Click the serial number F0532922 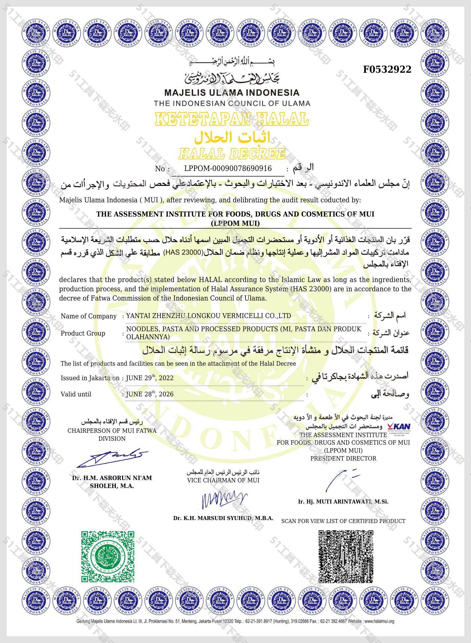tap(387, 69)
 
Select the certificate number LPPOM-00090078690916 tap(228, 169)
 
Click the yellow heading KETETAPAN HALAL tap(232, 119)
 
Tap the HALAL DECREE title tap(232, 154)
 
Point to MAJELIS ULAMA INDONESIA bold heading tap(232, 93)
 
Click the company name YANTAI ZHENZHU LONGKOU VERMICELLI tap(208, 316)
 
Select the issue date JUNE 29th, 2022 tap(150, 378)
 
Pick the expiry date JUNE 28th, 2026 tap(150, 394)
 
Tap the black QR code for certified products tap(346, 556)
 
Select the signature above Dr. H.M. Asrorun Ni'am tap(112, 458)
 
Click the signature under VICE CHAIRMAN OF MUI tap(224, 500)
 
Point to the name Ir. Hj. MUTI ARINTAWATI tap(343, 502)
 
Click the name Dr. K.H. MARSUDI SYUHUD tap(223, 518)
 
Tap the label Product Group tap(83, 333)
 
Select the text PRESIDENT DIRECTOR tap(343, 459)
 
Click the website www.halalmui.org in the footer tap(379, 621)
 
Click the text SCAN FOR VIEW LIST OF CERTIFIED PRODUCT tap(343, 521)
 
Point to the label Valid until tap(76, 394)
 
